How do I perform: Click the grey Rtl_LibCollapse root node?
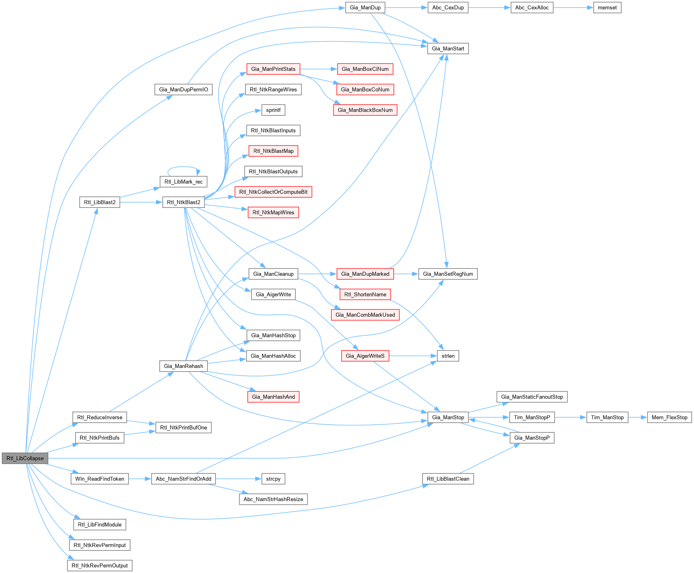coord(25,458)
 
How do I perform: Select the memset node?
coord(607,8)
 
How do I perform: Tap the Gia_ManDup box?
coord(365,8)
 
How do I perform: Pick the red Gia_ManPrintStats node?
coord(273,69)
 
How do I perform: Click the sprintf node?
coord(273,110)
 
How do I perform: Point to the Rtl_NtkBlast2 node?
coord(184,202)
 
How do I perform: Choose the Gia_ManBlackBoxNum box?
coord(365,110)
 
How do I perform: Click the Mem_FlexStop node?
coord(669,417)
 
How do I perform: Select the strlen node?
coord(448,356)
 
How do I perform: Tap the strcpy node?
coord(273,479)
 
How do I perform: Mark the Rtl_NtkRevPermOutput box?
coord(99,566)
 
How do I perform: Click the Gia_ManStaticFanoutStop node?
coord(532,397)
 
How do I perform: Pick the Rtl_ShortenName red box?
coord(365,294)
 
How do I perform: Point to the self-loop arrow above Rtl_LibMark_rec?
coord(184,167)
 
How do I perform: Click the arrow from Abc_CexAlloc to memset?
coord(573,8)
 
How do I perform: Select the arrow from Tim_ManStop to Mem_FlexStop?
coord(638,417)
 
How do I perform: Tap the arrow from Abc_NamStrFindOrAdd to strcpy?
coord(238,479)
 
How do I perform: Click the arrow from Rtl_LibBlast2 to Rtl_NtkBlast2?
coord(141,202)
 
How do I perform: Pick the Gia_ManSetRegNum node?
coord(448,274)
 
